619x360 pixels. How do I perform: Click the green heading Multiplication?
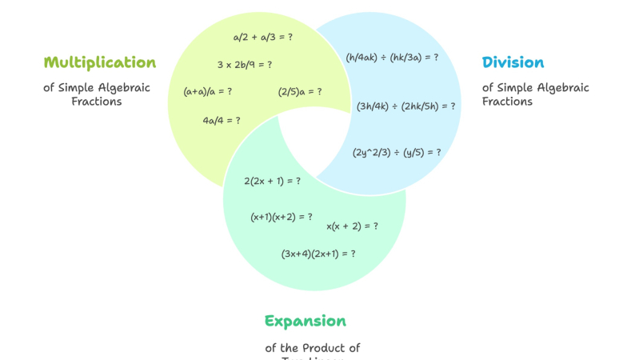coord(100,62)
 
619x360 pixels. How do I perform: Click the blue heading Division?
coord(513,62)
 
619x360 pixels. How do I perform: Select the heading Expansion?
coord(306,322)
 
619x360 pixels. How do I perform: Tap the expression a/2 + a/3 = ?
coord(262,37)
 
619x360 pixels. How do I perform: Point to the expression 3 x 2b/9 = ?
coord(244,65)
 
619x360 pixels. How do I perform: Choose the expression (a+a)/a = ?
coord(208,91)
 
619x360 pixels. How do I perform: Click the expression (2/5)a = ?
coord(300,91)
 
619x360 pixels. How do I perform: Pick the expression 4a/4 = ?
coord(222,120)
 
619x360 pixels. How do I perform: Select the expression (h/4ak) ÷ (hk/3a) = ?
coord(392,58)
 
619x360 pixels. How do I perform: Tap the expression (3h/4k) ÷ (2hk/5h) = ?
coord(406,106)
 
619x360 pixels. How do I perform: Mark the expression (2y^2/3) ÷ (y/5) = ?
coord(397,152)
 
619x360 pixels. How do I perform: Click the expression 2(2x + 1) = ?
coord(272,181)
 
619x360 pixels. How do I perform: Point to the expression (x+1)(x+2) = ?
coord(282,217)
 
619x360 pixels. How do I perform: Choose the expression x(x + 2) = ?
coord(352,226)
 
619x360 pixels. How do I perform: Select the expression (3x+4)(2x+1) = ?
coord(318,254)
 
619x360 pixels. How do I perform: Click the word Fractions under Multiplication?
coord(97,102)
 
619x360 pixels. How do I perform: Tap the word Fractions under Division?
coord(507,102)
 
